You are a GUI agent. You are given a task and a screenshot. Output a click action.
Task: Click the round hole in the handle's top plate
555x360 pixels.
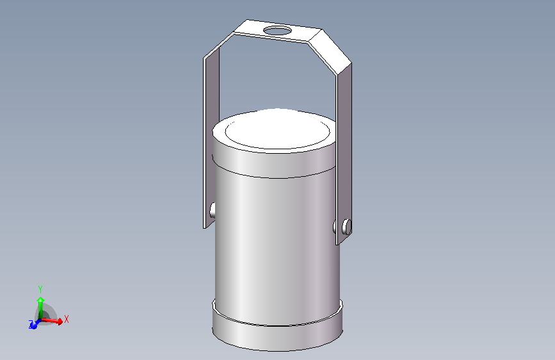[x=277, y=30]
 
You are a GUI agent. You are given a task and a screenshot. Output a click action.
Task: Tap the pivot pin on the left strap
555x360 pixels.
[x=212, y=209]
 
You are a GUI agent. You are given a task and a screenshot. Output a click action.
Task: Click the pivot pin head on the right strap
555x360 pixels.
[x=346, y=226]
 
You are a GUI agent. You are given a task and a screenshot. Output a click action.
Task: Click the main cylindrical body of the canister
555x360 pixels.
[x=275, y=243]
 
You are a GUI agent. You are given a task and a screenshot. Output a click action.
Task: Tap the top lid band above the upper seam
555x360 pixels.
[x=275, y=163]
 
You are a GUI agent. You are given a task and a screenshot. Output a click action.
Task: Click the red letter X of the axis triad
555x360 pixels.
[x=67, y=318]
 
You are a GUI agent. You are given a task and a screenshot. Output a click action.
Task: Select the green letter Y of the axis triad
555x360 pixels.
[x=40, y=289]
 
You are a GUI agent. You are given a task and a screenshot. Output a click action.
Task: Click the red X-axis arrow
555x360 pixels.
[x=56, y=320]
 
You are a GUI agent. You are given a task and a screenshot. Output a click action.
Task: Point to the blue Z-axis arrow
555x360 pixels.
[x=34, y=325]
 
